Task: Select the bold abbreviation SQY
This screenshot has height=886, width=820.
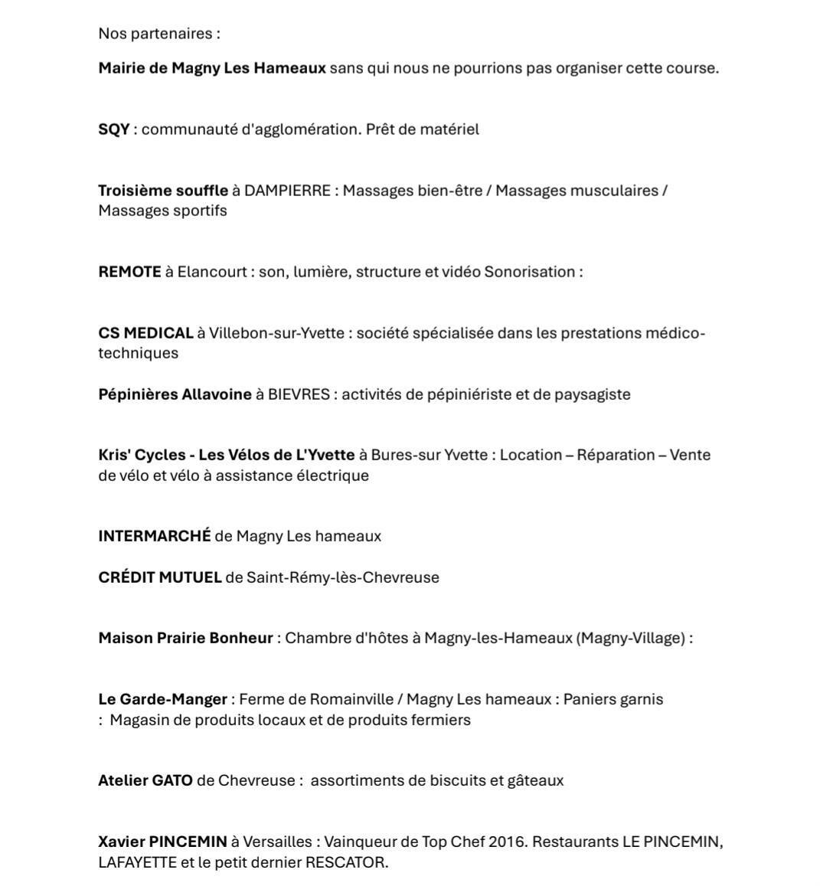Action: click(113, 129)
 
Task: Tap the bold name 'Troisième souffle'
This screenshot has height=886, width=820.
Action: click(162, 191)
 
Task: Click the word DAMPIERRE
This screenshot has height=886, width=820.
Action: click(286, 191)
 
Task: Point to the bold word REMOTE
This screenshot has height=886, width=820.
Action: click(129, 272)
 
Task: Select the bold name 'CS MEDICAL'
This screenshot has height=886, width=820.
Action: click(145, 333)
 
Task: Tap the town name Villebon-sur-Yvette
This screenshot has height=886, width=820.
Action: click(276, 333)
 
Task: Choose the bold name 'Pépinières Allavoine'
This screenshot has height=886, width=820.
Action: click(175, 394)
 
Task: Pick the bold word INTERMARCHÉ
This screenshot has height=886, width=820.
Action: click(154, 536)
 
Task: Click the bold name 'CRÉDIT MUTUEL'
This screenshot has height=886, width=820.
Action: click(159, 577)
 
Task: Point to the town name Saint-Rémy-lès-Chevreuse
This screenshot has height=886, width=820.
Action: click(342, 577)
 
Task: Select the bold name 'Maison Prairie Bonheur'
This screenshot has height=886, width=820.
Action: click(185, 638)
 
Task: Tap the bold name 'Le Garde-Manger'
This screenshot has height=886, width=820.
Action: click(162, 699)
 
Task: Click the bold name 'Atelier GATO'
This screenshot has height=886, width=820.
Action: click(145, 780)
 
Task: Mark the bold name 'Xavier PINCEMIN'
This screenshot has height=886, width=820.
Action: click(162, 842)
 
